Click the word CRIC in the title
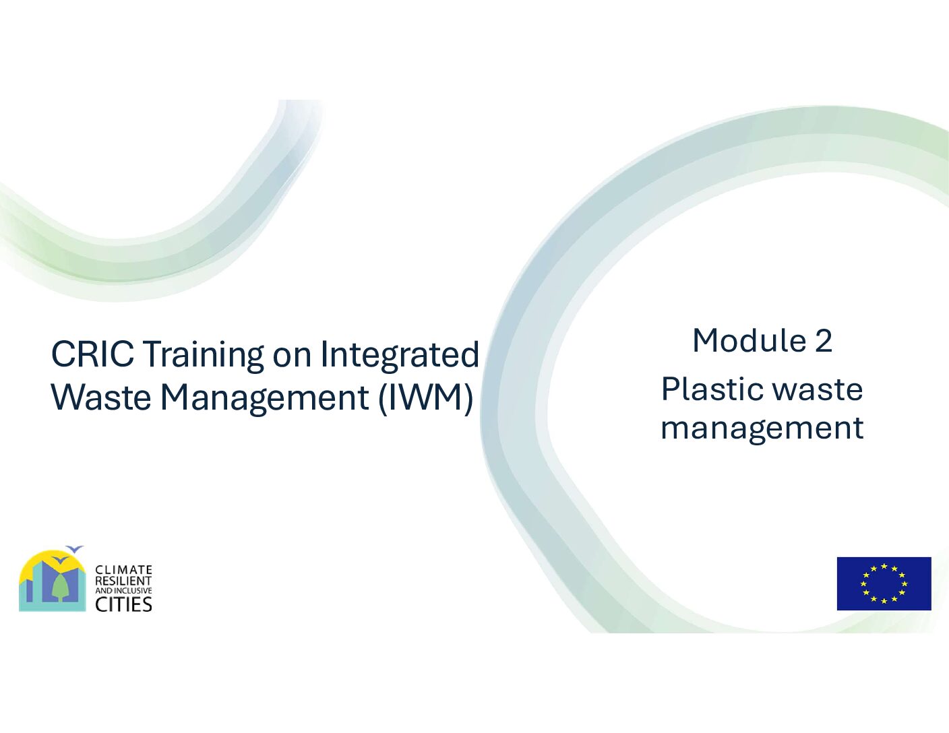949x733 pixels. [92, 354]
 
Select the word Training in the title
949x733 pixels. [204, 356]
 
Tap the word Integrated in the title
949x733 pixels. [400, 356]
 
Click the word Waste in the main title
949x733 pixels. [101, 397]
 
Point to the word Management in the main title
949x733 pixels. [265, 400]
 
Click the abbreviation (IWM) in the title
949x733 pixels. [425, 399]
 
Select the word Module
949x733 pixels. [749, 340]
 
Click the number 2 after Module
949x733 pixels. [823, 341]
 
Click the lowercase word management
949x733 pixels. [762, 429]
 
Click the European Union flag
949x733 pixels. [884, 583]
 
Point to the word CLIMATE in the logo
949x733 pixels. [123, 570]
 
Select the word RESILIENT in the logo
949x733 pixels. [123, 581]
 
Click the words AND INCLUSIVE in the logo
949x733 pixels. [123, 591]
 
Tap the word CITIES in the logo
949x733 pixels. [123, 604]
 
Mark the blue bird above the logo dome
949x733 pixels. [75, 549]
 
